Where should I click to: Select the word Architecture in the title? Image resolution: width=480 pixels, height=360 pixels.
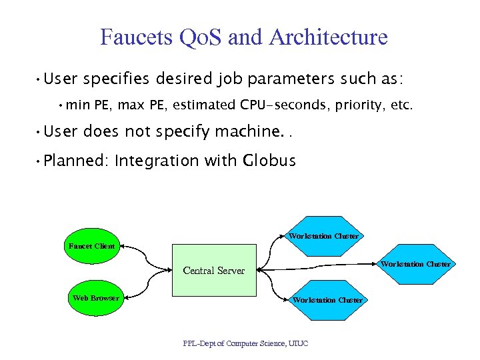tap(329, 37)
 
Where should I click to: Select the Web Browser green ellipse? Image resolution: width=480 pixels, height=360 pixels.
tap(95, 297)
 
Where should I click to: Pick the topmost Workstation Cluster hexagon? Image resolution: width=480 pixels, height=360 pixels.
tap(323, 235)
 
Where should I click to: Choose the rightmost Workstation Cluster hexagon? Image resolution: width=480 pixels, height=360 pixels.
tap(415, 263)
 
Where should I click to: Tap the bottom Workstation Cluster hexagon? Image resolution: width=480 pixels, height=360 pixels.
tap(327, 299)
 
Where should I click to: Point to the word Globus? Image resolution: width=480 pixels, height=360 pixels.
tap(269, 161)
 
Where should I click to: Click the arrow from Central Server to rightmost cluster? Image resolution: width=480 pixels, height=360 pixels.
tap(320, 267)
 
